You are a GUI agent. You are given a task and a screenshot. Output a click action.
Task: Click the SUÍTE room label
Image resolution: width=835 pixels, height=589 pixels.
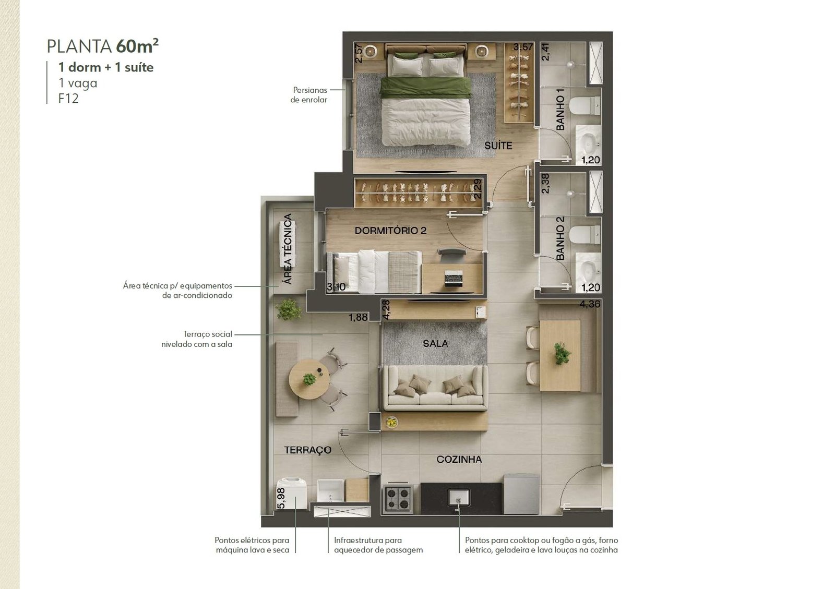(x=498, y=146)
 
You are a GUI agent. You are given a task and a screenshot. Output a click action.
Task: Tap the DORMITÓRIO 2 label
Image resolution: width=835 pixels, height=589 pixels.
(x=390, y=231)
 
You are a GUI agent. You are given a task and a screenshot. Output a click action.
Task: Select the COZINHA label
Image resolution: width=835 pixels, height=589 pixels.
(x=459, y=459)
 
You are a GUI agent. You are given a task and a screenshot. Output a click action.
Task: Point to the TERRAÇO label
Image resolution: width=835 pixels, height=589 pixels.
(x=308, y=450)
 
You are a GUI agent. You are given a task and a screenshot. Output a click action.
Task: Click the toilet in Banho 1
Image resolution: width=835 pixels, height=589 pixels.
(x=584, y=106)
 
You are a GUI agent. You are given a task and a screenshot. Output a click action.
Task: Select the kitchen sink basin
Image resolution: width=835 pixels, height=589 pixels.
(x=459, y=498)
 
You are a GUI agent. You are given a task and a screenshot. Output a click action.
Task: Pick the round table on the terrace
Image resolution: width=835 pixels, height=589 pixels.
(x=309, y=379)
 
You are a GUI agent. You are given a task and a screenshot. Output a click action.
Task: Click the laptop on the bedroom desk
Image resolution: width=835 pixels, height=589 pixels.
(x=454, y=279)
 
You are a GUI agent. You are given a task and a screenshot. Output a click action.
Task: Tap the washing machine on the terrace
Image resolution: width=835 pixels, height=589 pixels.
(x=292, y=494)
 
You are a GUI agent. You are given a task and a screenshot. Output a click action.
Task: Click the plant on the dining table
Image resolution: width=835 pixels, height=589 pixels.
(x=562, y=353)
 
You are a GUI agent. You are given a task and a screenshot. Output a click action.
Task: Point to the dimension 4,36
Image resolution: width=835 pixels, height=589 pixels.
(x=590, y=304)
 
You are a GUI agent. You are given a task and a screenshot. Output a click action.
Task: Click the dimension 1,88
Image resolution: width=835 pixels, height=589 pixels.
(x=358, y=317)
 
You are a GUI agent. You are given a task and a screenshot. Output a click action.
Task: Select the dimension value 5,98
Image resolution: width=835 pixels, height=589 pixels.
(x=281, y=498)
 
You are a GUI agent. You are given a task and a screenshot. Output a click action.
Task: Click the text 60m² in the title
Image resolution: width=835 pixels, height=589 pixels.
(x=137, y=46)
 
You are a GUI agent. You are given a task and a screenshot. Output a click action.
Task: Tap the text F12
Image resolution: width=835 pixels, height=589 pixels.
(x=68, y=99)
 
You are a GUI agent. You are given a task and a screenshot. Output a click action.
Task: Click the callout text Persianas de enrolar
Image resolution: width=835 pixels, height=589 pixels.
(x=309, y=95)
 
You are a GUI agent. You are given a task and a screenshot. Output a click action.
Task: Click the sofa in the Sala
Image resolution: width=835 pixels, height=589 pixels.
(x=436, y=388)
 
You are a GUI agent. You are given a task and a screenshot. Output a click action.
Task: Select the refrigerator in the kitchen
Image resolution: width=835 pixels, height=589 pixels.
(x=521, y=494)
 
